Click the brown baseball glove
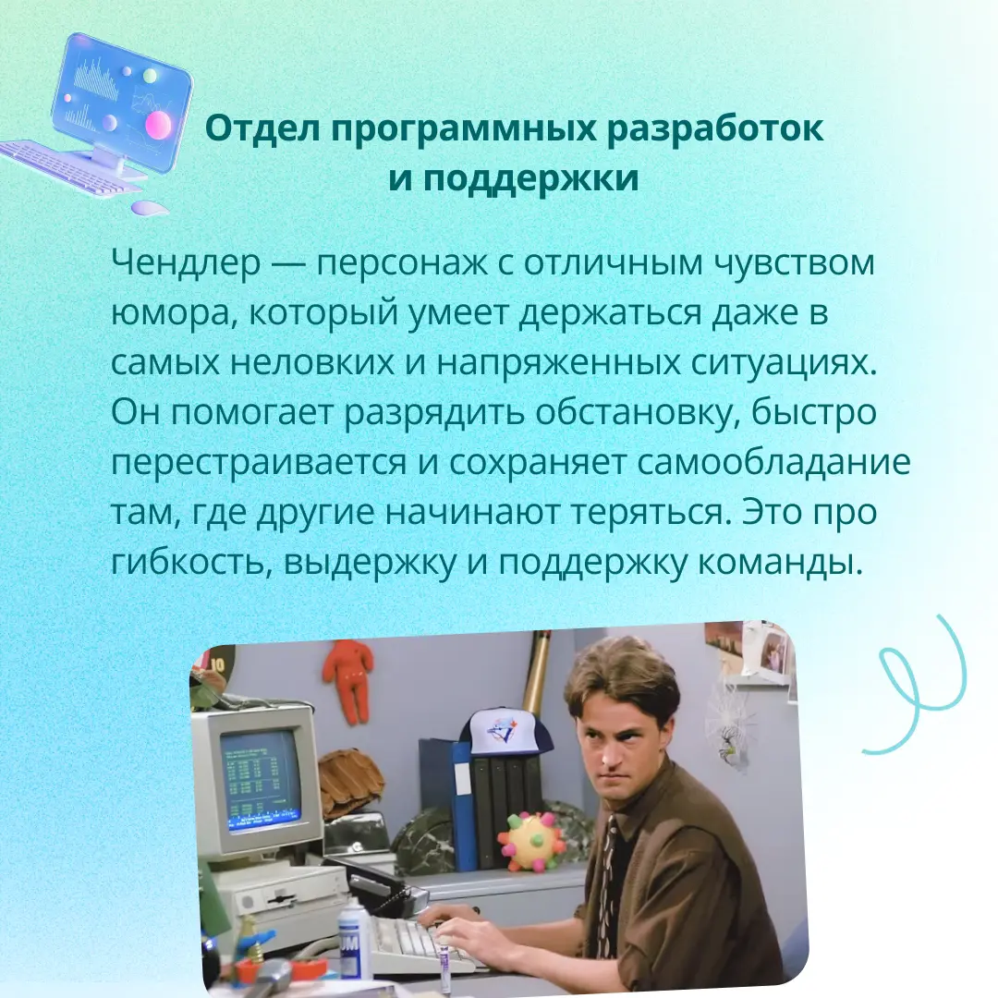(350, 781)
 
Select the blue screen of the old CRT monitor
(260, 778)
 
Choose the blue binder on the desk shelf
(462, 804)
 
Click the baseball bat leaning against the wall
(537, 670)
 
